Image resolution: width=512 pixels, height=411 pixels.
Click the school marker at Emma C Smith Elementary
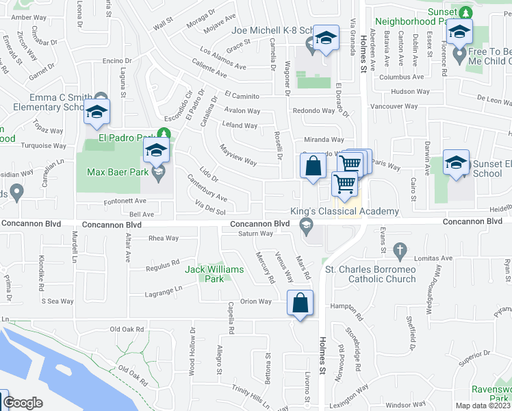[x=97, y=112]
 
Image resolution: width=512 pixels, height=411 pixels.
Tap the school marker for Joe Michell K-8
[x=327, y=39]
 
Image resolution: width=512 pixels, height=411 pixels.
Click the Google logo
[x=23, y=403]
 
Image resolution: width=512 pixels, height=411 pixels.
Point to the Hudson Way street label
[x=410, y=91]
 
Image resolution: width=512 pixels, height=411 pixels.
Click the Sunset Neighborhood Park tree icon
[x=465, y=12]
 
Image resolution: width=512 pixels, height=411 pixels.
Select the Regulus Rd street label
[x=162, y=264]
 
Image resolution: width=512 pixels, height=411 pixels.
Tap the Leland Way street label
[x=240, y=125]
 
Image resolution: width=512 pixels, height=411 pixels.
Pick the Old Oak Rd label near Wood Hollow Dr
[x=127, y=329]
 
